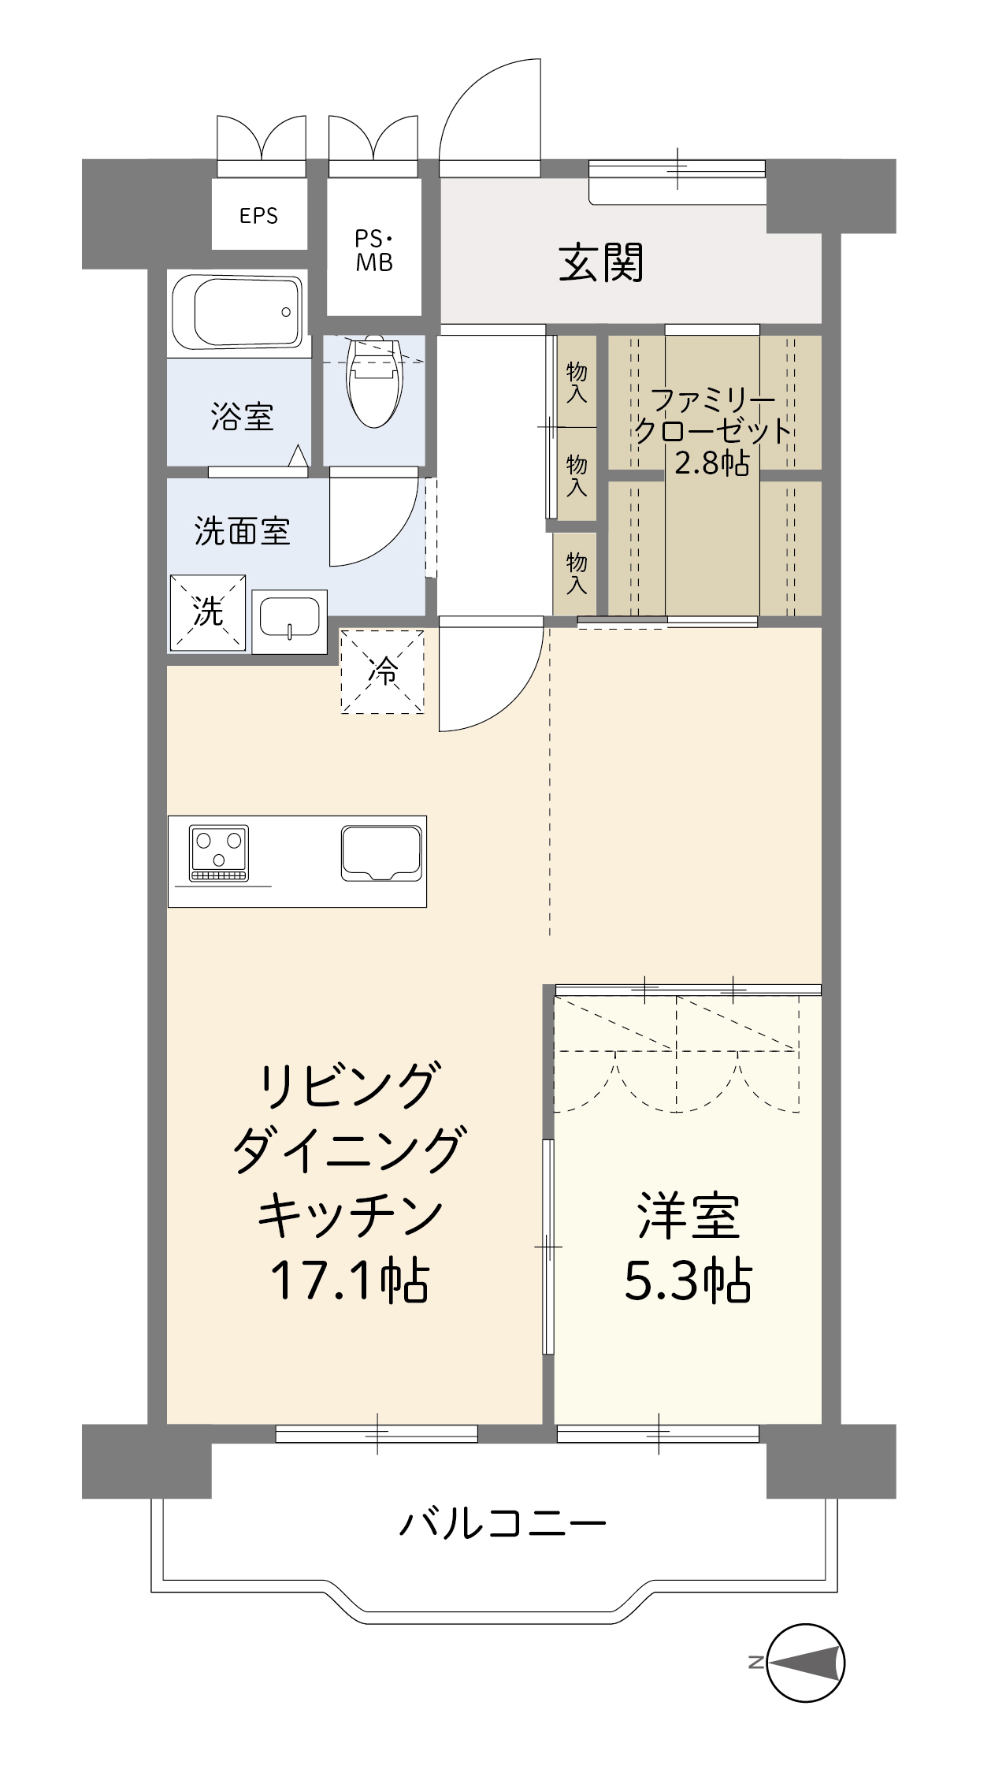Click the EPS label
click(258, 216)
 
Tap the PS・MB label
click(374, 251)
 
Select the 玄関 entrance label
click(601, 262)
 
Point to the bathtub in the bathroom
click(237, 312)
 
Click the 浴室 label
click(242, 416)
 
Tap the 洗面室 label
click(242, 531)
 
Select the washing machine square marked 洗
click(208, 612)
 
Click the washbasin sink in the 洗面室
click(289, 620)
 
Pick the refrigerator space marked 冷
click(383, 671)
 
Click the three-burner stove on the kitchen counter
click(219, 853)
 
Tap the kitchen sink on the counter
click(381, 853)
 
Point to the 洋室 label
click(688, 1216)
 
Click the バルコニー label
click(503, 1523)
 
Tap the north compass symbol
click(805, 1663)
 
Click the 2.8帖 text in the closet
click(711, 463)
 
